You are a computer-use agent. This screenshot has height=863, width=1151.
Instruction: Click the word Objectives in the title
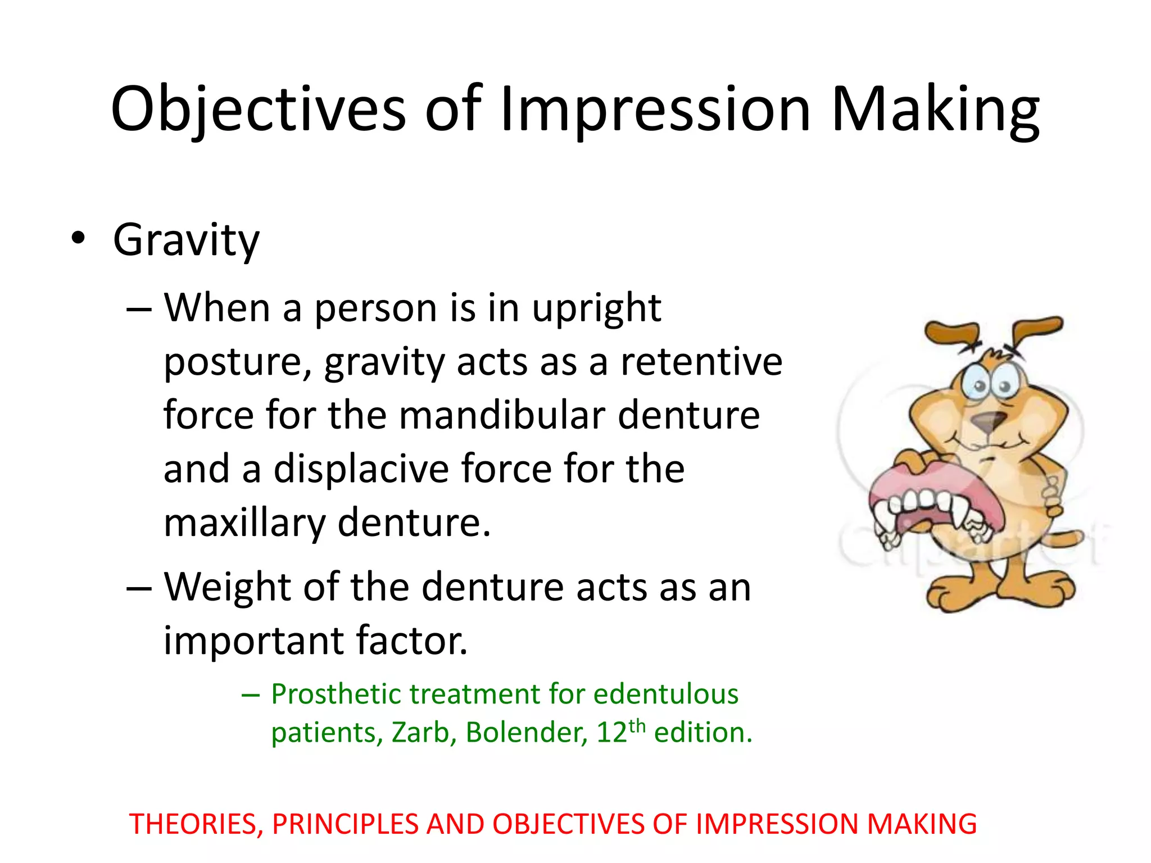click(x=258, y=110)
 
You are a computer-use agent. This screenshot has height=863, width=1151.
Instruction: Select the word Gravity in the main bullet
click(x=186, y=240)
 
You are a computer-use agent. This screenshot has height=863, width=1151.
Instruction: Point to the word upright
click(x=596, y=309)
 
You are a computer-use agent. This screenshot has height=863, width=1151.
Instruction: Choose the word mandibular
click(x=501, y=416)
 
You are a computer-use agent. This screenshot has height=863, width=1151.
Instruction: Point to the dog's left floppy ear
click(x=951, y=332)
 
